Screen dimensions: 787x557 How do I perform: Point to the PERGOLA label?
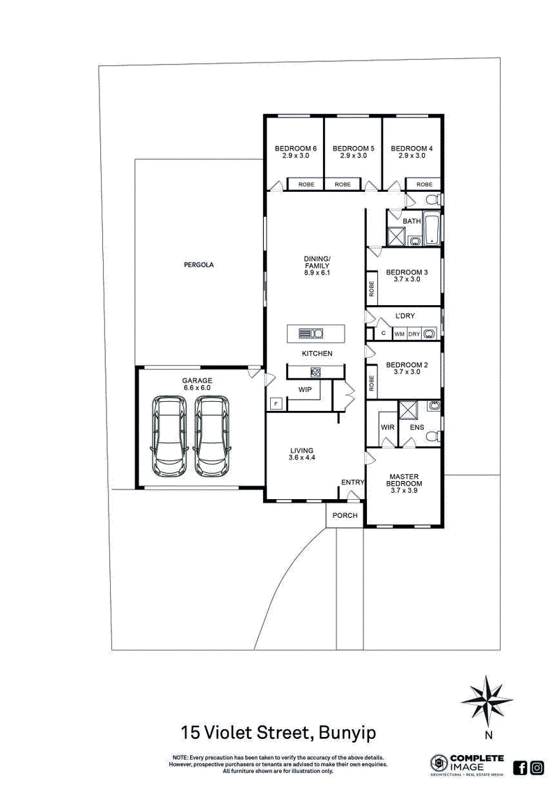point(198,265)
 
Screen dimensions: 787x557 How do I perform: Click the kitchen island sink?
point(311,334)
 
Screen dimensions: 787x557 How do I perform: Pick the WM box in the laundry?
point(400,334)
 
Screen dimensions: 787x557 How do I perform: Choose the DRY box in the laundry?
point(414,334)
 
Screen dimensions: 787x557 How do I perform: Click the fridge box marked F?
point(276,403)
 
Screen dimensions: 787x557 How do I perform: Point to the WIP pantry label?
point(305,390)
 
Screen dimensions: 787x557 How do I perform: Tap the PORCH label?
point(345,515)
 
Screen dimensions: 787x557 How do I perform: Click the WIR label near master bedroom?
point(387,427)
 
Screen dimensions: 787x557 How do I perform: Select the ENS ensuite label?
point(416,427)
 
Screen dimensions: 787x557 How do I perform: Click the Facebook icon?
point(519,768)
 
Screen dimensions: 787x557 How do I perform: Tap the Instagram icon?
point(537,768)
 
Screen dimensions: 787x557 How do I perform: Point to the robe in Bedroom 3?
point(372,289)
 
